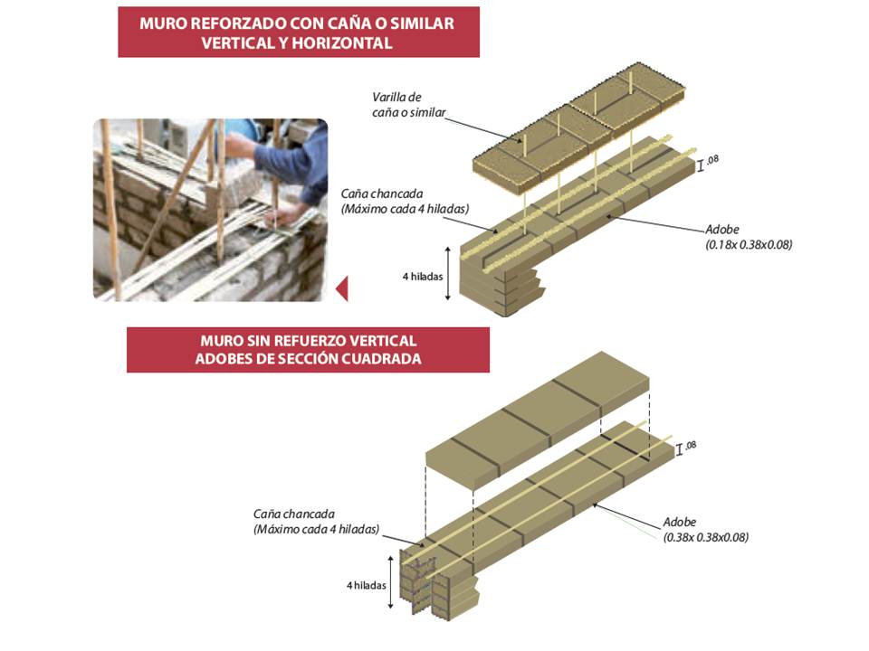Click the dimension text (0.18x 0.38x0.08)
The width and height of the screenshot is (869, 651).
point(748,244)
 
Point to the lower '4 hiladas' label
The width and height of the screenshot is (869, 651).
point(366,585)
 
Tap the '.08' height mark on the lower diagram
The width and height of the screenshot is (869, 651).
point(691,445)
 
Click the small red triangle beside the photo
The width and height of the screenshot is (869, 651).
point(341,289)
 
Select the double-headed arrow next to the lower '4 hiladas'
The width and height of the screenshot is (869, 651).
point(390,585)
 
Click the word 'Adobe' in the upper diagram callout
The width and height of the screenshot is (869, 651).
point(721,230)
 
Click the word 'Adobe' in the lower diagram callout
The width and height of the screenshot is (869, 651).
point(680,523)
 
